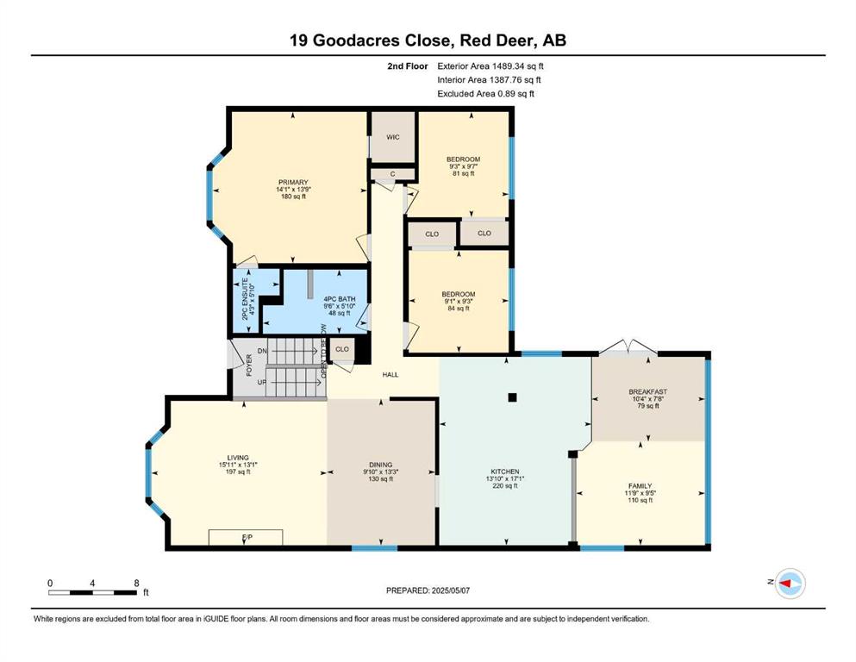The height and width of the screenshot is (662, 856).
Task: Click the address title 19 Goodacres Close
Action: pyautogui.click(x=371, y=41)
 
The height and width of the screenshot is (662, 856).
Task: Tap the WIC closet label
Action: pyautogui.click(x=393, y=137)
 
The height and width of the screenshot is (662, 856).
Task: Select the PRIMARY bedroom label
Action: pyautogui.click(x=293, y=182)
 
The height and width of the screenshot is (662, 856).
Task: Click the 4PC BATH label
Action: pyautogui.click(x=340, y=299)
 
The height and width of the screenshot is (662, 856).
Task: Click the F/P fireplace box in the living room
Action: pyautogui.click(x=246, y=537)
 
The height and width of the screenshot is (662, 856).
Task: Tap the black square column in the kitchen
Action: pyautogui.click(x=512, y=397)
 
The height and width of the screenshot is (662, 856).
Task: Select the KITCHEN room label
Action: pyautogui.click(x=505, y=472)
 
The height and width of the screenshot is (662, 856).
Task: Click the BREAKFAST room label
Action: pyautogui.click(x=648, y=392)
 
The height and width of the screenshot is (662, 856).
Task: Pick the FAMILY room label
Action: pyautogui.click(x=640, y=485)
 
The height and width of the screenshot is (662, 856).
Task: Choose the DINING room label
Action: pyautogui.click(x=380, y=465)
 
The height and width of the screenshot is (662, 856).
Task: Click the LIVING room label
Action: pyautogui.click(x=238, y=458)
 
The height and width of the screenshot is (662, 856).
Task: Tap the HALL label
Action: pyautogui.click(x=391, y=375)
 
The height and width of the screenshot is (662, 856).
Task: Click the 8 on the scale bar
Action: pyautogui.click(x=136, y=584)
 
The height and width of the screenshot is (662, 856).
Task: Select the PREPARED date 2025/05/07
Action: pyautogui.click(x=450, y=590)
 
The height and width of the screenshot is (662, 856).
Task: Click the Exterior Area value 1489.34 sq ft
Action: pyautogui.click(x=517, y=66)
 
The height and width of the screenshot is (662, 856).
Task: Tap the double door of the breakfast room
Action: pyautogui.click(x=628, y=347)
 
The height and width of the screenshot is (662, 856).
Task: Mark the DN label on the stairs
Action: pyautogui.click(x=263, y=351)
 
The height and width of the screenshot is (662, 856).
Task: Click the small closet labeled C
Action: pyautogui.click(x=392, y=174)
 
